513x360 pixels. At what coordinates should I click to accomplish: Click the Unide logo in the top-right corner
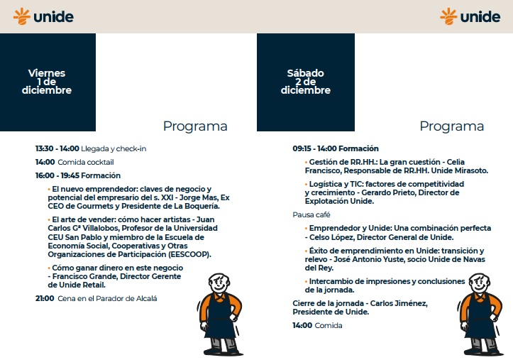coord(470,16)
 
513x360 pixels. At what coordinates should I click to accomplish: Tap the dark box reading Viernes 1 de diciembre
coord(47,82)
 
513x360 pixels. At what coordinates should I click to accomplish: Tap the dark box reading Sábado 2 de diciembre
coord(305,82)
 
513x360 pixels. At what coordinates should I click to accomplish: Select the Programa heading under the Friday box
coord(195,126)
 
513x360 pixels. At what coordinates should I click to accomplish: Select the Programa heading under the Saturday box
coord(452,126)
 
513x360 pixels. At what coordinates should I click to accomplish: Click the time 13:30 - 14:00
coord(57,148)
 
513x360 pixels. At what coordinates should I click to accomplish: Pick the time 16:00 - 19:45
coord(57,175)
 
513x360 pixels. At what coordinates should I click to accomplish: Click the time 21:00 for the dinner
coord(45,298)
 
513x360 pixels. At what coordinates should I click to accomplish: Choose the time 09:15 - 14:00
coord(314,148)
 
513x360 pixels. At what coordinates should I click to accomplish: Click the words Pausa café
coord(311,214)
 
